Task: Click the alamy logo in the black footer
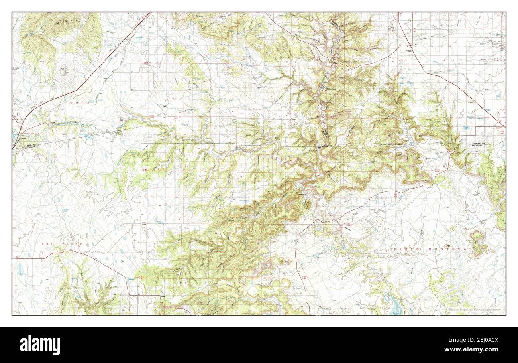[x=40, y=345]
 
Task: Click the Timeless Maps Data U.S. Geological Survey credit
[x=473, y=310]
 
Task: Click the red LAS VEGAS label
[x=62, y=243]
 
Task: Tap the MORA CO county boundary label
[x=31, y=143]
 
